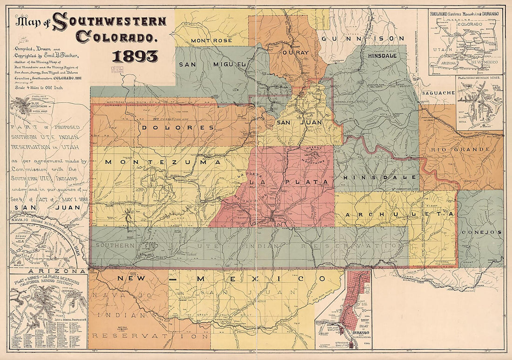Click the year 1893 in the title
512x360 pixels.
(x=135, y=56)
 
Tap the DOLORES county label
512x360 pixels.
(x=178, y=127)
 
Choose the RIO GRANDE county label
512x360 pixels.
(x=461, y=150)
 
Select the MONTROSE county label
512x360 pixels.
(x=210, y=40)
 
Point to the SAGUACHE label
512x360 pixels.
(x=438, y=93)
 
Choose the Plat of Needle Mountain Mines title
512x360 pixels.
(x=479, y=78)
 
